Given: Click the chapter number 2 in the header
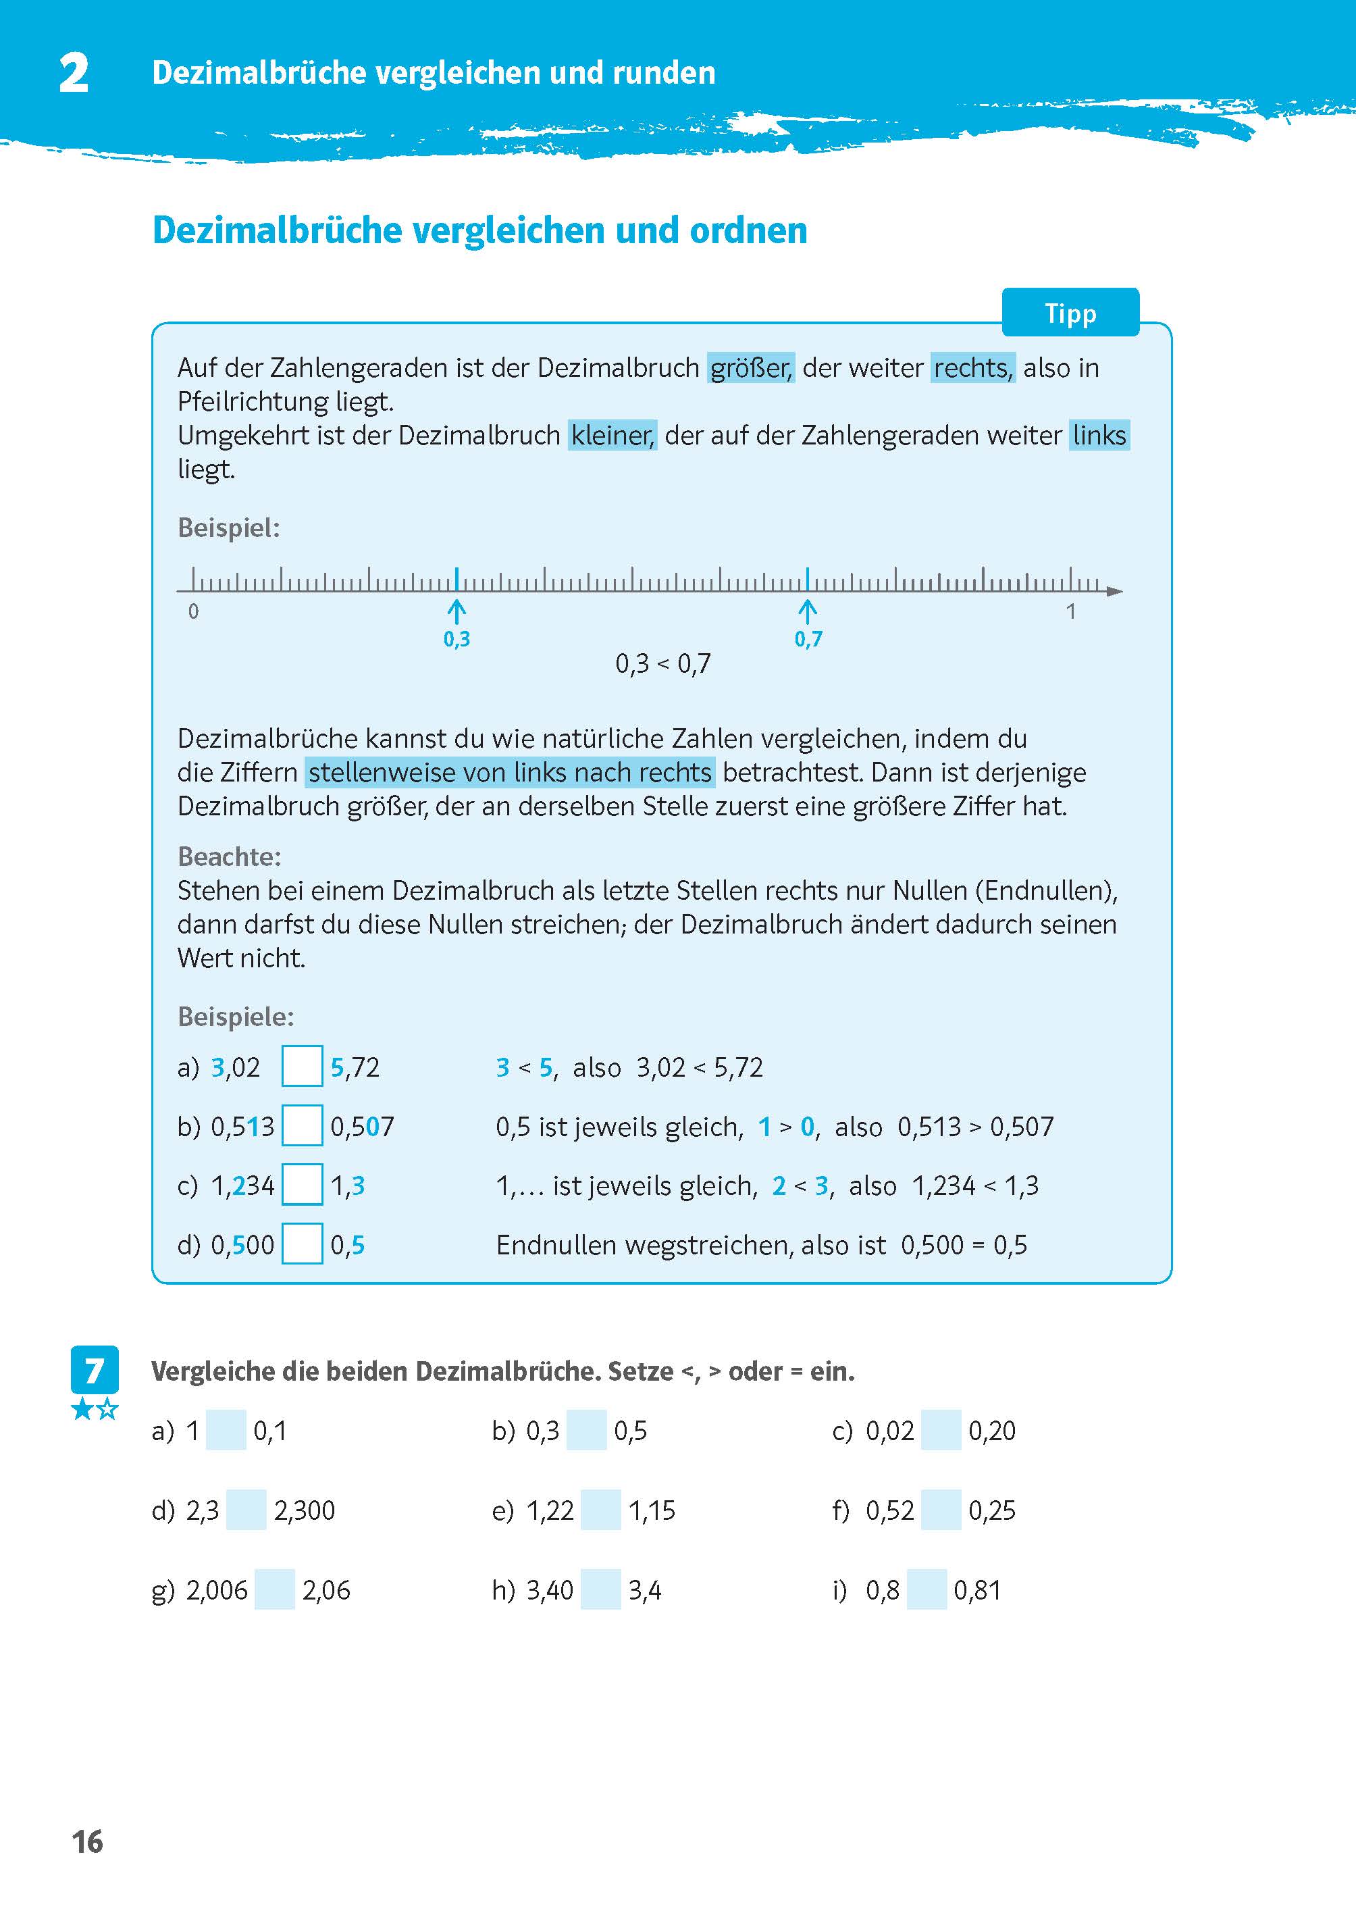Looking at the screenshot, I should (x=74, y=74).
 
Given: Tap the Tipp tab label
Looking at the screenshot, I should (x=1070, y=313).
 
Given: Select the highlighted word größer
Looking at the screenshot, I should (x=750, y=367).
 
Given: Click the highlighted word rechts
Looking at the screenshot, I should (x=972, y=367).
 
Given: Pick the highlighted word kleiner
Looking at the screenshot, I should (x=612, y=435).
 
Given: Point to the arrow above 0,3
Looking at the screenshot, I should (x=456, y=611).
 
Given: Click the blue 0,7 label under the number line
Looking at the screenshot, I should (x=808, y=639).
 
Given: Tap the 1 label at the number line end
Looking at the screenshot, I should (x=1070, y=611).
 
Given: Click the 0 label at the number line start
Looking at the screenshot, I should (x=194, y=611).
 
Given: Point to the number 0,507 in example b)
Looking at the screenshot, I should (x=361, y=1127).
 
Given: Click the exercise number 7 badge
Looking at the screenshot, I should (x=95, y=1370).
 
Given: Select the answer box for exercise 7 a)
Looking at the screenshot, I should (x=226, y=1431).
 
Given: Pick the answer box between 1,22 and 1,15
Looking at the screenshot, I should (x=600, y=1510).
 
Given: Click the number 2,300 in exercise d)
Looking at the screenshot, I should (x=304, y=1510).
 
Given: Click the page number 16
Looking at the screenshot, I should (x=87, y=1841).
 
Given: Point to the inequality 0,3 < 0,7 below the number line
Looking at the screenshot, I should (x=663, y=663).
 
